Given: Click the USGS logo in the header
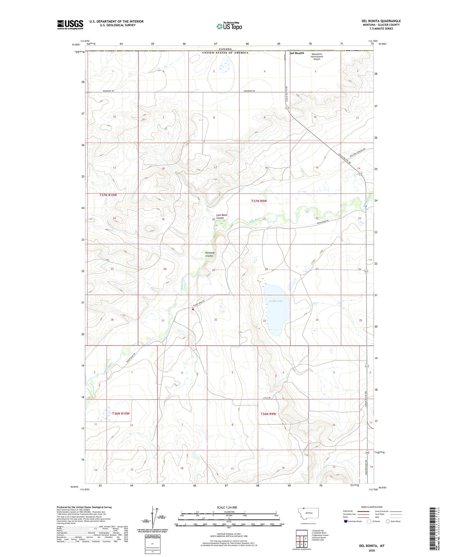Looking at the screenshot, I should tap(70, 25).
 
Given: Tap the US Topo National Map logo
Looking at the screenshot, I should tap(229, 26).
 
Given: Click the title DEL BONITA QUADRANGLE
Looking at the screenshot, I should tap(379, 21).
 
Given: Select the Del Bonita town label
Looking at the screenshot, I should tap(297, 53).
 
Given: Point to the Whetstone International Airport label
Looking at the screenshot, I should tap(316, 56).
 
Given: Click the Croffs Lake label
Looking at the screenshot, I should tap(276, 301).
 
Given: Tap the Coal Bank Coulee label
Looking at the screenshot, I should tap(221, 217).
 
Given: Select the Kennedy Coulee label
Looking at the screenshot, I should tap(209, 254).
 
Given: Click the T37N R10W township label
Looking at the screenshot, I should tap(106, 195).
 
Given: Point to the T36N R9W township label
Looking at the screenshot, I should tap(268, 414).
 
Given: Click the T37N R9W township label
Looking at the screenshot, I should tap(259, 201).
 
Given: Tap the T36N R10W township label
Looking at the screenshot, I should tap(121, 413).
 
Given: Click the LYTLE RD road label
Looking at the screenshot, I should tap(267, 398).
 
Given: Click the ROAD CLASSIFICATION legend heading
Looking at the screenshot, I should tap(372, 507).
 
